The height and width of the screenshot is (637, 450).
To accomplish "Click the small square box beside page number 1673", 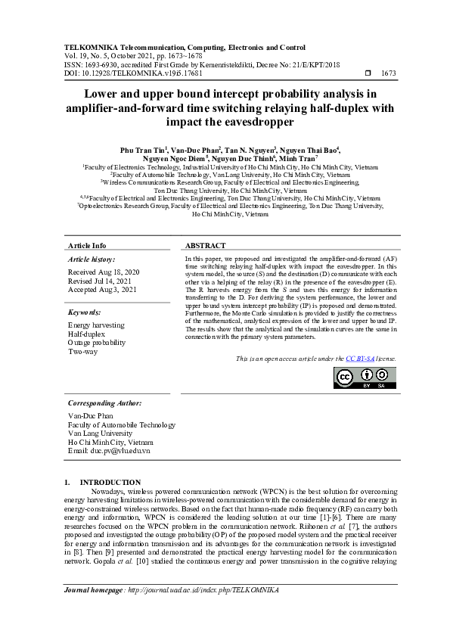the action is [x=368, y=73].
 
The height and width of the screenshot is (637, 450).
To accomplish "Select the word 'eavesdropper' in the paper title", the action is [x=257, y=122].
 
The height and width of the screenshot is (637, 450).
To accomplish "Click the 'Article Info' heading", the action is [x=87, y=246].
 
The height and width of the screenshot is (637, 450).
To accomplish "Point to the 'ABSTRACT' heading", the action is [x=206, y=246].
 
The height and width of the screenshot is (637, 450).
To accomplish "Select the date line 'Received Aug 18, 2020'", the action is [x=104, y=271].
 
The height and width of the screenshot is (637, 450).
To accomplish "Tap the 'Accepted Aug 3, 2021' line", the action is [x=102, y=289].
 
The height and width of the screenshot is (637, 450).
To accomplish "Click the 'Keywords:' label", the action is [x=85, y=312].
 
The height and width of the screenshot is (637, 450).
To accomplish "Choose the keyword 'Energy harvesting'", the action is [x=97, y=325].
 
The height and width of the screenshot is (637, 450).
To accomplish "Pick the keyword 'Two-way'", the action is [x=82, y=352].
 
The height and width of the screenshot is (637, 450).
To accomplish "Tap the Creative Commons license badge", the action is [x=366, y=379].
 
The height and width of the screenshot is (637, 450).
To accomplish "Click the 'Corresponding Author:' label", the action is [x=103, y=403].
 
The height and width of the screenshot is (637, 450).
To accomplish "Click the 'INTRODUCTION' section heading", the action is [x=110, y=482].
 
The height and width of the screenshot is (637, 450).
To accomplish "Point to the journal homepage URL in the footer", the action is [x=194, y=589].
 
